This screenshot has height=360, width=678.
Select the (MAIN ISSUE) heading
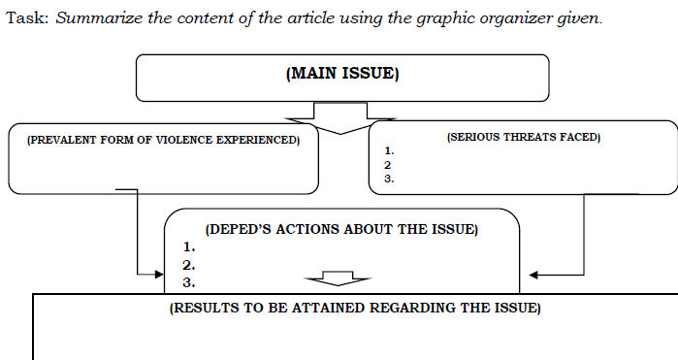point(342,73)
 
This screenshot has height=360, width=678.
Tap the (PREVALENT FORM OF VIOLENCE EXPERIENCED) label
point(163,140)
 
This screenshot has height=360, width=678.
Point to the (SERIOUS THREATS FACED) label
point(523,137)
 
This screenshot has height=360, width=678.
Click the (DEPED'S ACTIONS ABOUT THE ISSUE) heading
point(341,229)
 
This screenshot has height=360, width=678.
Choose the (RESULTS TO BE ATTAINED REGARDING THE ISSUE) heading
point(355,308)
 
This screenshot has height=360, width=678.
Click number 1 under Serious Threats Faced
point(388,150)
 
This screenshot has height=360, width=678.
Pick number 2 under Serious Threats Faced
point(388,164)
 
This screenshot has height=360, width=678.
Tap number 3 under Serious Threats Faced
point(388,178)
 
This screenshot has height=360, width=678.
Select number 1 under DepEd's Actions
point(188,246)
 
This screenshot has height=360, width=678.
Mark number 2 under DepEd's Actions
point(189,264)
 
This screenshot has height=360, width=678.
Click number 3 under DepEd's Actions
point(189,282)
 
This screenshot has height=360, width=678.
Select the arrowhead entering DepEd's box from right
point(535,275)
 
